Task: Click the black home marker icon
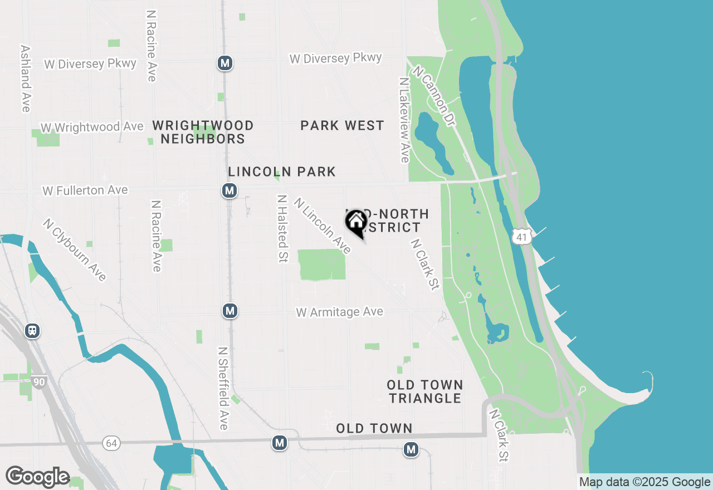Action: [x=356, y=223]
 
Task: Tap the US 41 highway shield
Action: [x=521, y=237]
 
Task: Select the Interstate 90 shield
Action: [x=38, y=381]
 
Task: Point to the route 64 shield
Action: [x=111, y=443]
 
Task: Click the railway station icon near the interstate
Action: [x=32, y=331]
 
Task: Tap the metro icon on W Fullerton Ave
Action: [x=229, y=190]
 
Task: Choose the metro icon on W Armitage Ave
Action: [x=230, y=311]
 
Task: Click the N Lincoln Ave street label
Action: [x=323, y=226]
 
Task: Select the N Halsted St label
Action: [x=283, y=228]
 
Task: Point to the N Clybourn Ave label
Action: [x=75, y=249]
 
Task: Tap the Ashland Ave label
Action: [x=25, y=79]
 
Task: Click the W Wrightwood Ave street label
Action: [x=92, y=128]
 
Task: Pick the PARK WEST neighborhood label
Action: [x=342, y=126]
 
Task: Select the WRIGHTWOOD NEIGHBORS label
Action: [x=203, y=132]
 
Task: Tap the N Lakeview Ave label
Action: [x=404, y=120]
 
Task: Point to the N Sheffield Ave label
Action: [x=223, y=389]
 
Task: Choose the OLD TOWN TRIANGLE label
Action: [x=425, y=391]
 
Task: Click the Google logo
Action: [x=37, y=477]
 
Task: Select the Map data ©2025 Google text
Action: [x=644, y=482]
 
